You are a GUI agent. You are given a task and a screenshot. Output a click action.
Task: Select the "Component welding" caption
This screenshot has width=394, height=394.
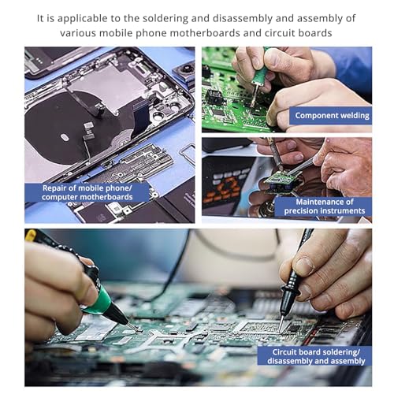pos(332,116)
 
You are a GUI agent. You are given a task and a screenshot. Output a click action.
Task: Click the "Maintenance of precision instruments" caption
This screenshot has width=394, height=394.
pos(325,206)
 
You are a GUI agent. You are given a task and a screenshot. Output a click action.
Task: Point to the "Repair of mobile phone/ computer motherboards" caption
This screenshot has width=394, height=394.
pos(87,192)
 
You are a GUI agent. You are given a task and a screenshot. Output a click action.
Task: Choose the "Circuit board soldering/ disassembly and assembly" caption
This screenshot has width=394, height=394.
pos(316,356)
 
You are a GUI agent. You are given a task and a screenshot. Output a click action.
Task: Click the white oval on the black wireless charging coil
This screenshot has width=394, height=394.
pos(65,137)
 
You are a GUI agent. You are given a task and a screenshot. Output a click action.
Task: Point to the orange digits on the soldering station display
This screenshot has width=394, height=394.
pos(225,186)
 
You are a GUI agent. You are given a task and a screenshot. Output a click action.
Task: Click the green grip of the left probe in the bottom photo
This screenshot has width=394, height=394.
pos(100,300)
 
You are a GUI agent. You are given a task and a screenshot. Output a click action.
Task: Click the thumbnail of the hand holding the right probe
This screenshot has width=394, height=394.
pos(304,266)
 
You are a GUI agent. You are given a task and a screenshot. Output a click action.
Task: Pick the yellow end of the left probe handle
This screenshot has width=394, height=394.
pos(30,235)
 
